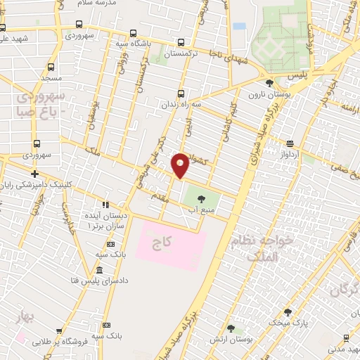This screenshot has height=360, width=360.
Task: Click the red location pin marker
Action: (181, 165)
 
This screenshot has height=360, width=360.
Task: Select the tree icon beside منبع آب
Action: (202, 198)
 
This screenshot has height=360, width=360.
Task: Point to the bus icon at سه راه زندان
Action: (181, 93)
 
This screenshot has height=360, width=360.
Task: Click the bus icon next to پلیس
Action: (270, 73)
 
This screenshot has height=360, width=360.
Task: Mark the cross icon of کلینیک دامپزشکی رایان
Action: (34, 174)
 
